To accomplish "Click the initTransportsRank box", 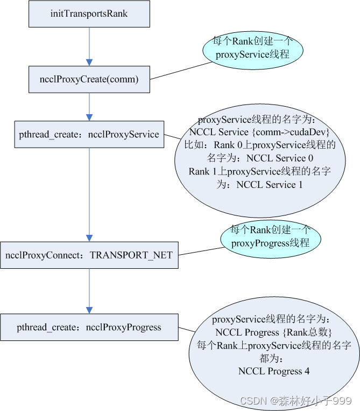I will click(89, 13).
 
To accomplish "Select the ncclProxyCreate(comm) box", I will click(89, 79).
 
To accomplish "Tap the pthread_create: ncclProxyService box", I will click(89, 134).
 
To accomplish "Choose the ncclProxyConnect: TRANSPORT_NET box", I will click(89, 255).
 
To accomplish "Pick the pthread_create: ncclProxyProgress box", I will click(89, 327).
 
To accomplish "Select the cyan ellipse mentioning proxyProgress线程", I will click(270, 236).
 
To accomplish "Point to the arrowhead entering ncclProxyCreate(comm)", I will click(89, 62).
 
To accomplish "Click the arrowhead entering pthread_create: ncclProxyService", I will click(89, 117).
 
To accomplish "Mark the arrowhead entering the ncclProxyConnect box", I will click(89, 238).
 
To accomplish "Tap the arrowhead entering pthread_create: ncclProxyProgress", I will click(89, 310).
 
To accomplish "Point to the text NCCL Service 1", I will click(273, 184).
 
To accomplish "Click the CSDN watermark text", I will click(295, 401).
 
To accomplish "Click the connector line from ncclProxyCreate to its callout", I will click(180, 71).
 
